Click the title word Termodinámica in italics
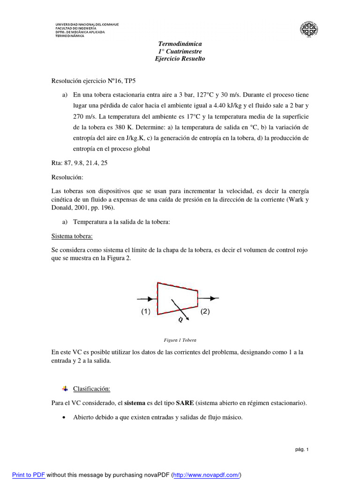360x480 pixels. [180, 44]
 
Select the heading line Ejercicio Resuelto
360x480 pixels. [180, 59]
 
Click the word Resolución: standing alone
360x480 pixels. [67, 178]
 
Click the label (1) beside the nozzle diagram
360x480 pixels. [146, 311]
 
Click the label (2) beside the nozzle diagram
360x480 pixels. [205, 311]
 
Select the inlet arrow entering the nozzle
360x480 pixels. [146, 298]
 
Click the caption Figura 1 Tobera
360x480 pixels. [180, 340]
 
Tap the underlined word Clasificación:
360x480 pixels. [91, 389]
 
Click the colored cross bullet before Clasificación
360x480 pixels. [65, 389]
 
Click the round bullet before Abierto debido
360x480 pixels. [64, 418]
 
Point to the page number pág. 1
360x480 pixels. [302, 450]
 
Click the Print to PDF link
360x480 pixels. [29, 474]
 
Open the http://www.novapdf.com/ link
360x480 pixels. [207, 474]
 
